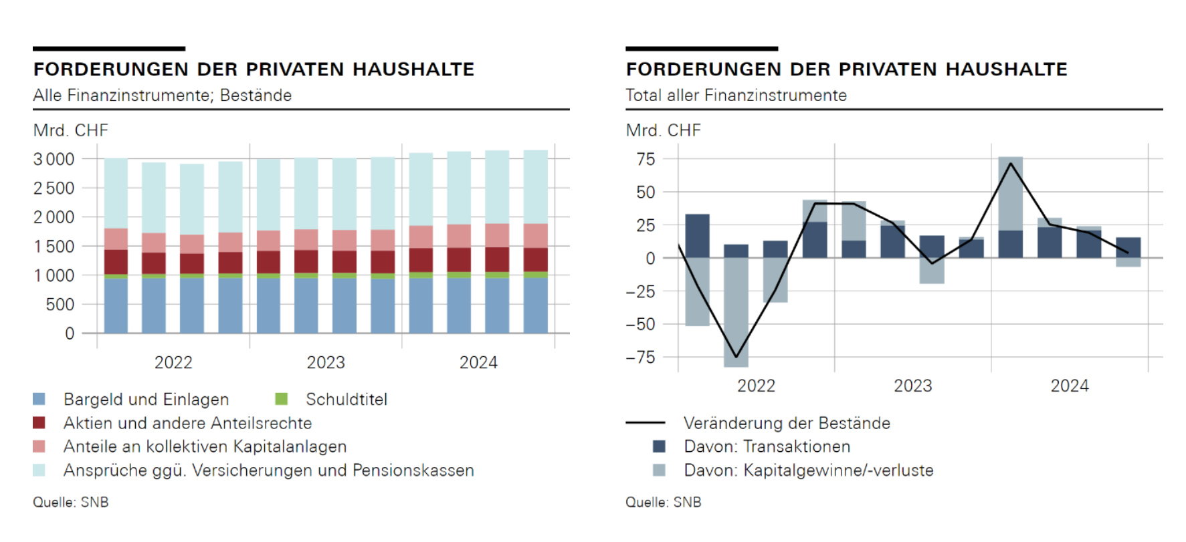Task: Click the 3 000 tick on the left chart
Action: coord(54,159)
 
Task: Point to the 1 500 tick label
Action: coord(54,247)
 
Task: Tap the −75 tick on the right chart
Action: coord(640,357)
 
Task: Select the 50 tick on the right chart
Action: coord(646,192)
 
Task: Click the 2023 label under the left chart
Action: coord(326,362)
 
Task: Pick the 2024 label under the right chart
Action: coord(1070,386)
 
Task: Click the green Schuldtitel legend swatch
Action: coord(282,399)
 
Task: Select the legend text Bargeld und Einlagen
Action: coord(146,399)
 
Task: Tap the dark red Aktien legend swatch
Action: coord(39,423)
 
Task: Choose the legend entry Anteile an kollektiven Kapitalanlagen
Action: coord(205,446)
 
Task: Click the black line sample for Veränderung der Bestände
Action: coord(645,423)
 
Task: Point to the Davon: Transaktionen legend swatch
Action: coord(659,446)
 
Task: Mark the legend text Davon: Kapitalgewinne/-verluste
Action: coord(808,470)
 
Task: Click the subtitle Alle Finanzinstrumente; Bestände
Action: coord(163,96)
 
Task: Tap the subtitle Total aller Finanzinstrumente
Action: coord(736,96)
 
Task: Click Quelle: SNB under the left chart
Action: coord(71,502)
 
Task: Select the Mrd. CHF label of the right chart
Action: coord(663,130)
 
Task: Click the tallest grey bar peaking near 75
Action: coord(1010,194)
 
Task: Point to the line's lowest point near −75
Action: coord(736,357)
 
